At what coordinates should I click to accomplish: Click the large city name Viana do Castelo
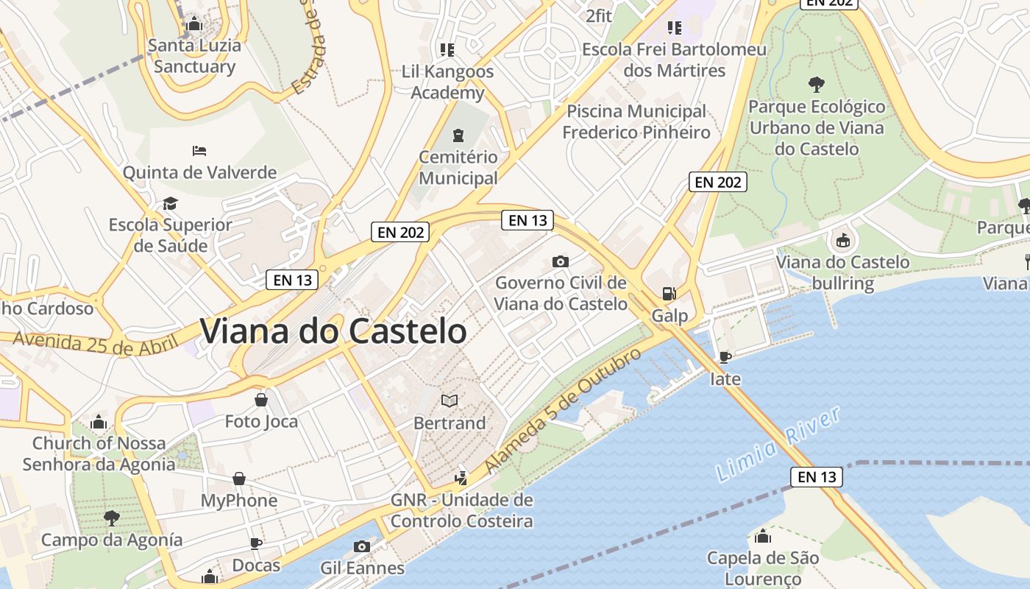click(333, 331)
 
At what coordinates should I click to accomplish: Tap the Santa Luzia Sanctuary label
click(194, 56)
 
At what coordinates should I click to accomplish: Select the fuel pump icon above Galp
click(669, 293)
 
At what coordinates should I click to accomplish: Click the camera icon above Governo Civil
click(561, 261)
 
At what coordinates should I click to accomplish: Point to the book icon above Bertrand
click(450, 401)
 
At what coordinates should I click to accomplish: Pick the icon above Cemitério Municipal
click(458, 135)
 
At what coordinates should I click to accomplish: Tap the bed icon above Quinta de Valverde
click(199, 151)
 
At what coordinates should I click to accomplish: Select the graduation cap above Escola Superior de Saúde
click(170, 203)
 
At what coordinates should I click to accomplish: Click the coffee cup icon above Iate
click(725, 358)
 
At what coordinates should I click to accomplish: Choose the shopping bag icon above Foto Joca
click(261, 400)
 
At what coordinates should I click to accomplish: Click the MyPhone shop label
click(239, 501)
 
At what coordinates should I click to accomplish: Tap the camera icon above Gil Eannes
click(361, 546)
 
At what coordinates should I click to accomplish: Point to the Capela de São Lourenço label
click(763, 568)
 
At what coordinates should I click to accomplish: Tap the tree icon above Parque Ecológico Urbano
click(816, 84)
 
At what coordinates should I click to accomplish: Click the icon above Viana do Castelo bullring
click(842, 240)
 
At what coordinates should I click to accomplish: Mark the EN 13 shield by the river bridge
click(817, 477)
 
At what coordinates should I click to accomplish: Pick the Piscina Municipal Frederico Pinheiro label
click(636, 121)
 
